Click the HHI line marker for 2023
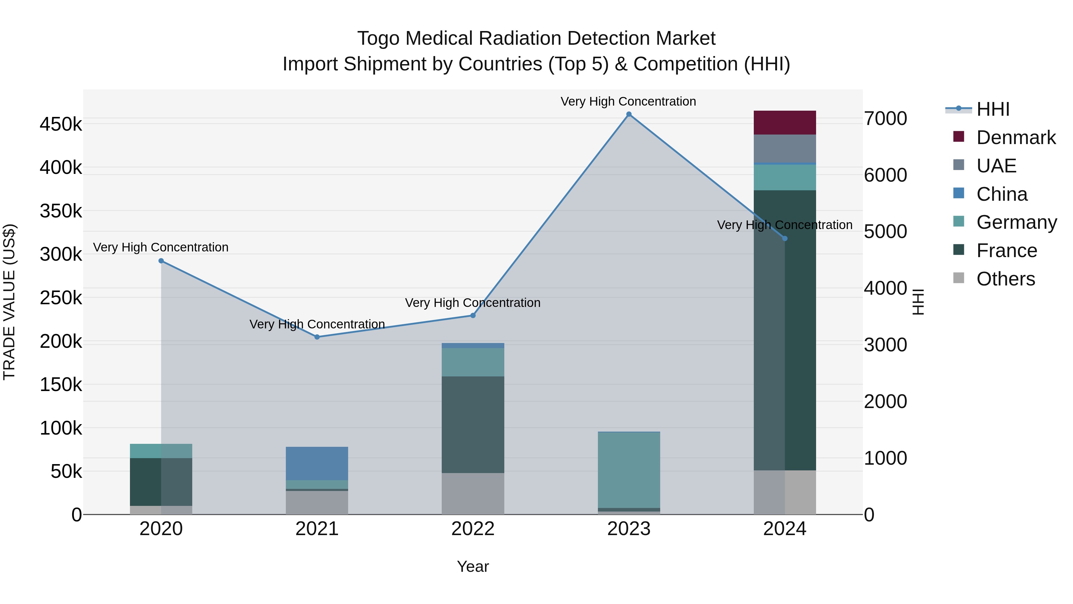[629, 114]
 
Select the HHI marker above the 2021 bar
[317, 337]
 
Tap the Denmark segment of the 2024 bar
[785, 123]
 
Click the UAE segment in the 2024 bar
[785, 149]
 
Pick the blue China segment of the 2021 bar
[317, 463]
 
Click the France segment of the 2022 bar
[473, 424]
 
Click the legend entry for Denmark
[1015, 138]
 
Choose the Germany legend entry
[1016, 222]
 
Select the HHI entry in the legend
[993, 109]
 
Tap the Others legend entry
[1005, 279]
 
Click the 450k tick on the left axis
[61, 124]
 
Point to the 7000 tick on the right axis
[885, 118]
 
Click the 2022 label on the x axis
[473, 529]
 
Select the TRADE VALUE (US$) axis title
[9, 302]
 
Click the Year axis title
[473, 566]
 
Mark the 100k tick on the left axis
[61, 428]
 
